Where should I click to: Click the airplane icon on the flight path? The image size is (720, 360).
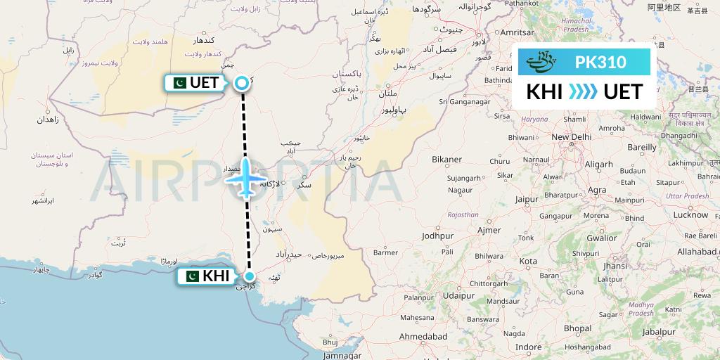(245, 179)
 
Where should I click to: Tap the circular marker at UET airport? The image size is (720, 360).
(241, 83)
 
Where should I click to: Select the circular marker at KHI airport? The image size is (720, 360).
(249, 276)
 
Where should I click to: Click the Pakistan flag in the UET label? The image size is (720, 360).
(179, 83)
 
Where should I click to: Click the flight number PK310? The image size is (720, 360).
(600, 62)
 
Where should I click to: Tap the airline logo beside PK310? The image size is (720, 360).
(542, 62)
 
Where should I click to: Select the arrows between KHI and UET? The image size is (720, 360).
(582, 92)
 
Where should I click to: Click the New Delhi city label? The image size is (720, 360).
(571, 136)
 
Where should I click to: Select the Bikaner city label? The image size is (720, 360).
(447, 160)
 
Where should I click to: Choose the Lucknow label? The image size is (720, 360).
(690, 214)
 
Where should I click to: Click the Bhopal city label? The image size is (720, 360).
(576, 328)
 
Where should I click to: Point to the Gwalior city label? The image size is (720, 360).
(601, 238)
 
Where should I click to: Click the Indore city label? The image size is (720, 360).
(528, 347)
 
